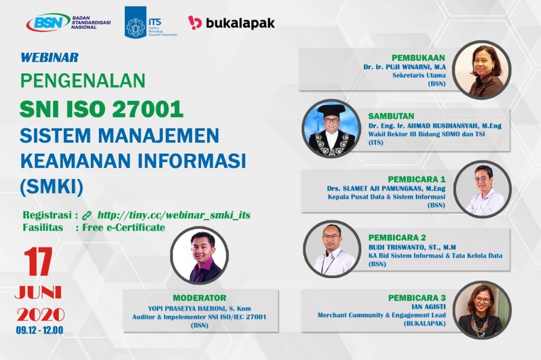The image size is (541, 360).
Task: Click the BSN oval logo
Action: tap(48, 22)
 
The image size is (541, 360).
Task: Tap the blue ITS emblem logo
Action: tap(135, 22)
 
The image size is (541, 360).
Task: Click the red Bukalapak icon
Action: tap(194, 22)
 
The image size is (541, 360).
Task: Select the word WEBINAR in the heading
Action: tap(50, 57)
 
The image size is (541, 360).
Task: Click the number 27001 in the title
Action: tap(147, 109)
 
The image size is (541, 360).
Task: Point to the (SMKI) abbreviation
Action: tap(51, 187)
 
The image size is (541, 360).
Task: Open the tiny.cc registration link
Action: tap(174, 215)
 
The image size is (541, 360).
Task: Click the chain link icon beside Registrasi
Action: tap(86, 215)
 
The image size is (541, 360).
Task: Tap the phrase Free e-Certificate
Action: tap(124, 227)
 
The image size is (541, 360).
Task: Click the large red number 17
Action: tap(38, 262)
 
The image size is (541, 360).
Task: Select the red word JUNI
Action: tap(38, 293)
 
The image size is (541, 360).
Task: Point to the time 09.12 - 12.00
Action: tap(40, 330)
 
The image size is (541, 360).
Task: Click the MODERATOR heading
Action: tap(199, 298)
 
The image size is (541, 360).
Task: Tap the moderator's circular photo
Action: tap(199, 255)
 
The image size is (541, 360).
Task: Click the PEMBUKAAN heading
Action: tap(418, 58)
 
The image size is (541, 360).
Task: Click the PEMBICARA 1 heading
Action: tap(416, 179)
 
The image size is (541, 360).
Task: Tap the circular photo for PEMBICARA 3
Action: tap(482, 310)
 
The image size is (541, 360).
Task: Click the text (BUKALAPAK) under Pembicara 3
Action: tap(424, 324)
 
